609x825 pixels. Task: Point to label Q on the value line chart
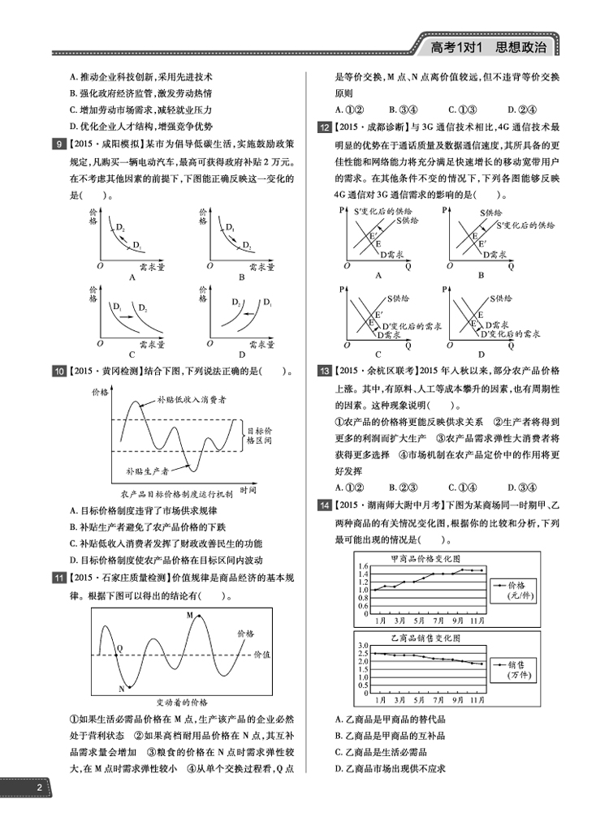click(119, 648)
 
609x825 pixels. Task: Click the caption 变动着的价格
click(182, 701)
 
